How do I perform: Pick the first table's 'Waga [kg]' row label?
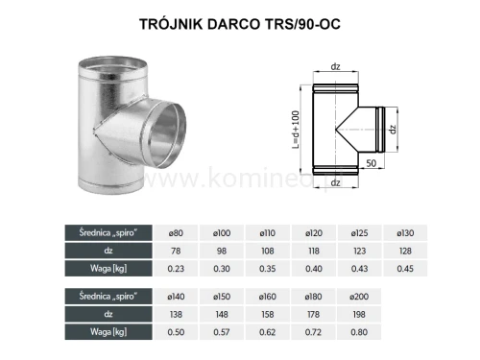pyautogui.click(x=88, y=269)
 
